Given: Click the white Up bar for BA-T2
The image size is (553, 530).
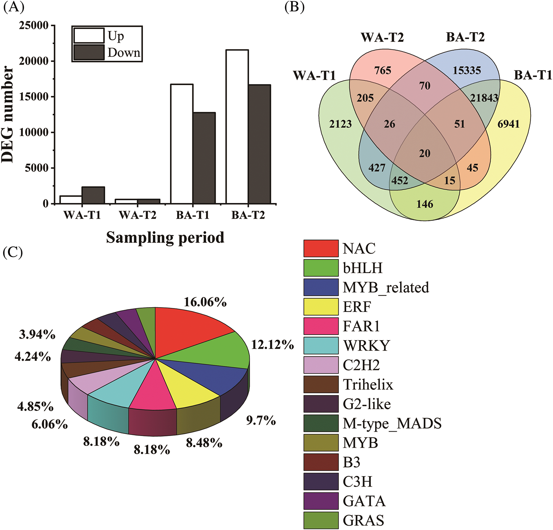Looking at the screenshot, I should [x=237, y=127].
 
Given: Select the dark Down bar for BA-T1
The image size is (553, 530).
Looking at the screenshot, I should [x=204, y=158].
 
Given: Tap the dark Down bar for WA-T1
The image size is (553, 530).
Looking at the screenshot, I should [x=93, y=195].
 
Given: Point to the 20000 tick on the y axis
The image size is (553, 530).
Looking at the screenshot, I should [x=35, y=61].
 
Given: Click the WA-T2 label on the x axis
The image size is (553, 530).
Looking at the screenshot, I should [x=137, y=215].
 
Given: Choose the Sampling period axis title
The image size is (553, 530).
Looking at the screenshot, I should [x=165, y=237].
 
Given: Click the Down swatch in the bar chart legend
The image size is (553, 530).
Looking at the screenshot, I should [x=89, y=52].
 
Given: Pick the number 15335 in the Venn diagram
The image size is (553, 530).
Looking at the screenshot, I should [x=467, y=70].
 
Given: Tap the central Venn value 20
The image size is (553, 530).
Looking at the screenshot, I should [x=424, y=153].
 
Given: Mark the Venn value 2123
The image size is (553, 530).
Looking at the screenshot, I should [x=340, y=124].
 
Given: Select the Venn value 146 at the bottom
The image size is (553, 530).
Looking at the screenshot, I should [x=425, y=204].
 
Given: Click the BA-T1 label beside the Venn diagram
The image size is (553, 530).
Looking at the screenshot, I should [x=533, y=75].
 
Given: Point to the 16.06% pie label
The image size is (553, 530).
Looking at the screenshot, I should [x=205, y=302].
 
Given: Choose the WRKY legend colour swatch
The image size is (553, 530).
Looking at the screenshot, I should [x=321, y=346].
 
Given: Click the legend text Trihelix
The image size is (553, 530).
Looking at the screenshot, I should [x=368, y=385].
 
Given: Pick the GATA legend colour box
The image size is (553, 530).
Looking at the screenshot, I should [x=321, y=501].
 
